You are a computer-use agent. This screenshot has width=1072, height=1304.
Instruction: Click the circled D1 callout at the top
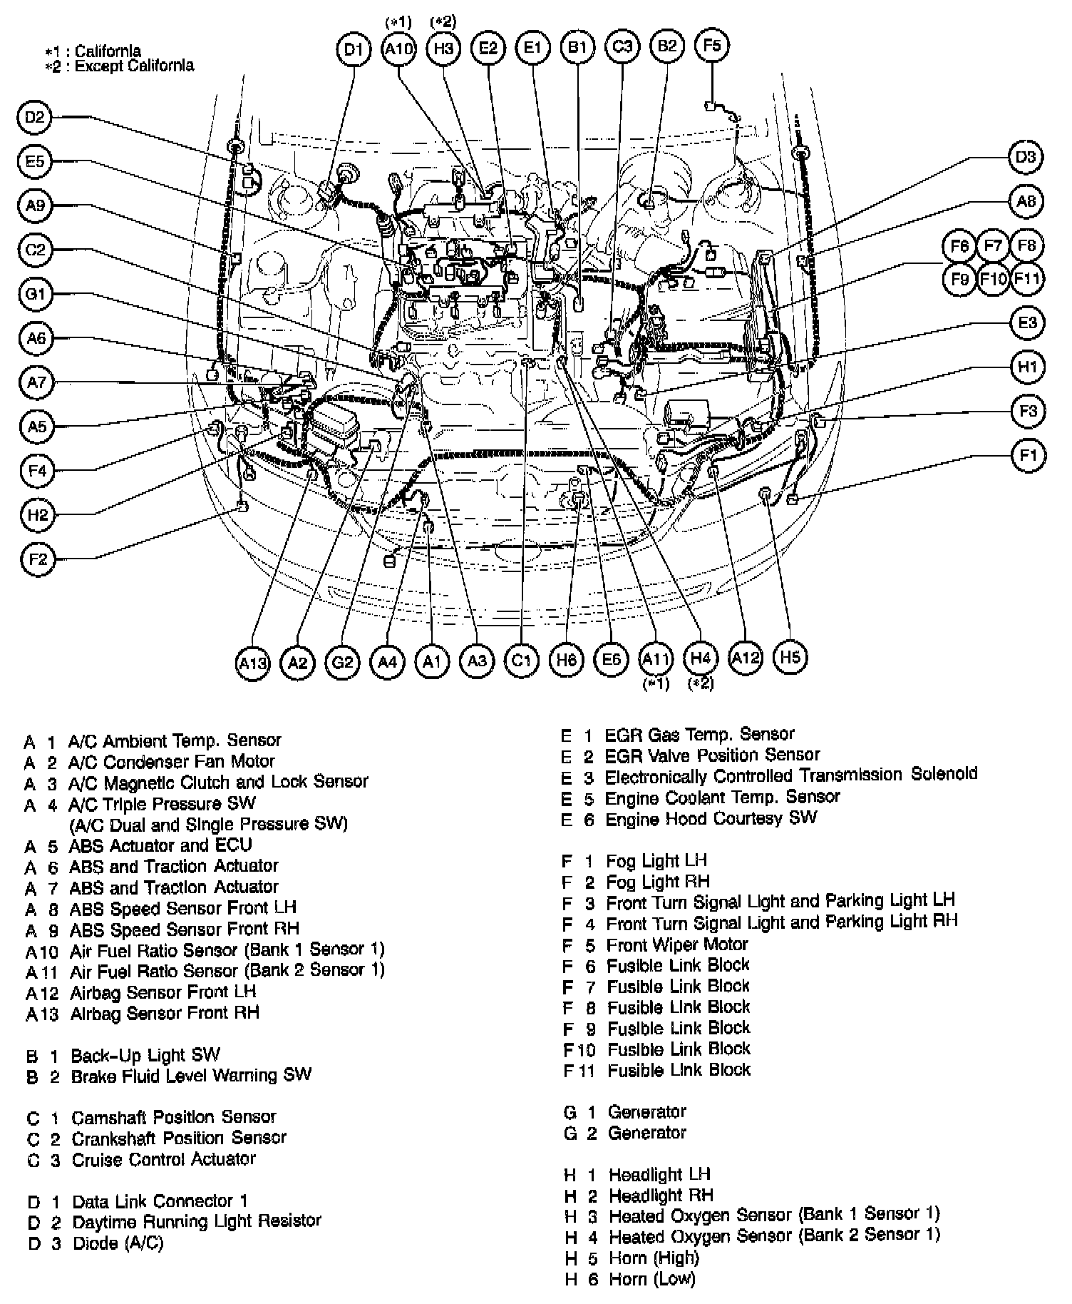click(x=354, y=49)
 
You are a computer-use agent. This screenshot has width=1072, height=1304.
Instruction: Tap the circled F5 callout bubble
click(x=711, y=46)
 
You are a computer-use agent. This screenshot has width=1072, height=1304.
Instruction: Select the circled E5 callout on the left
click(x=35, y=162)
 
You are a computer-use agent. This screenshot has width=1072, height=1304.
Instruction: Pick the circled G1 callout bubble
click(x=36, y=294)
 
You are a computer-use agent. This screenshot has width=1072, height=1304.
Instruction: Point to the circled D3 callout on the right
click(x=1026, y=157)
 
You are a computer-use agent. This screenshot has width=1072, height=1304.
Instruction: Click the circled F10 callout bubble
click(x=993, y=278)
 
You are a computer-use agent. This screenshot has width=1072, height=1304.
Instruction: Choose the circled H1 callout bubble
click(x=1027, y=367)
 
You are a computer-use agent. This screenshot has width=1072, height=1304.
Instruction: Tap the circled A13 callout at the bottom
click(x=253, y=663)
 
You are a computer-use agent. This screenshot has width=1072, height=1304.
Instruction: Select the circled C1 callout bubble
click(x=522, y=661)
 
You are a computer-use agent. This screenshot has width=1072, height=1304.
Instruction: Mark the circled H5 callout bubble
click(x=790, y=656)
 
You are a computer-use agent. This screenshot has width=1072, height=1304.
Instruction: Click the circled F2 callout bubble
click(x=38, y=559)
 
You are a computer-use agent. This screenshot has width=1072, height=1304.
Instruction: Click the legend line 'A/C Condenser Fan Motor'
click(x=171, y=761)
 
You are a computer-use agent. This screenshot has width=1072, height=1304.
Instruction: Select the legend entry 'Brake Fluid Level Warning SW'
click(x=191, y=1075)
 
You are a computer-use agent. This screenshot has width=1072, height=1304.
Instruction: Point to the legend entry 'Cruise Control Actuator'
click(x=163, y=1159)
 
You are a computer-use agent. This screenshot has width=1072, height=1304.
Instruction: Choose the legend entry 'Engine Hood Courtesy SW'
click(x=711, y=818)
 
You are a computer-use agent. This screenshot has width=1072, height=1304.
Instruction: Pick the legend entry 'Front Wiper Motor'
click(x=676, y=944)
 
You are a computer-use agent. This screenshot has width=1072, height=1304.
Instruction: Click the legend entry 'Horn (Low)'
click(x=651, y=1279)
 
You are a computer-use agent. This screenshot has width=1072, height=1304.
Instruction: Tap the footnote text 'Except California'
click(x=134, y=66)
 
